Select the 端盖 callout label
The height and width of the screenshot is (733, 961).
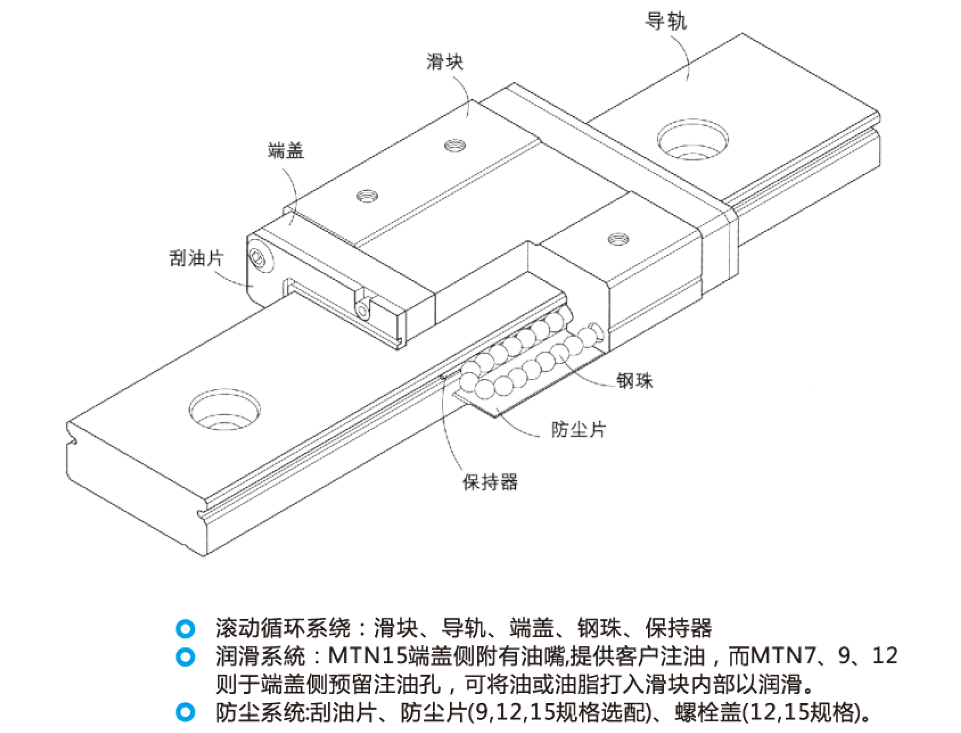pos(286,151)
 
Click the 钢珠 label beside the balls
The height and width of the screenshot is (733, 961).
pos(634,381)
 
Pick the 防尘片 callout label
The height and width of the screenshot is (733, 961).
pos(579,430)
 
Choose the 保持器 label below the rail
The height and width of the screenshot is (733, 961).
pos(490,482)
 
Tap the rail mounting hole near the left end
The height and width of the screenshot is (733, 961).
pos(225,409)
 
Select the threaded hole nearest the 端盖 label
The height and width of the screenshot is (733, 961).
pos(367,195)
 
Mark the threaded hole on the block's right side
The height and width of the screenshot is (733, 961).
pos(618,239)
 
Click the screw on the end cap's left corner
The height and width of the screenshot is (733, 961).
pos(257,258)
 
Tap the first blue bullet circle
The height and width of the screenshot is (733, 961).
pos(185,628)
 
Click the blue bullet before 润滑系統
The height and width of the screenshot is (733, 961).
pos(185,657)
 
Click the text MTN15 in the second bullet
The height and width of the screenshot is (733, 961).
pos(367,656)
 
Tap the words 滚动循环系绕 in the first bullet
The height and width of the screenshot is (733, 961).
pos(283,628)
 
